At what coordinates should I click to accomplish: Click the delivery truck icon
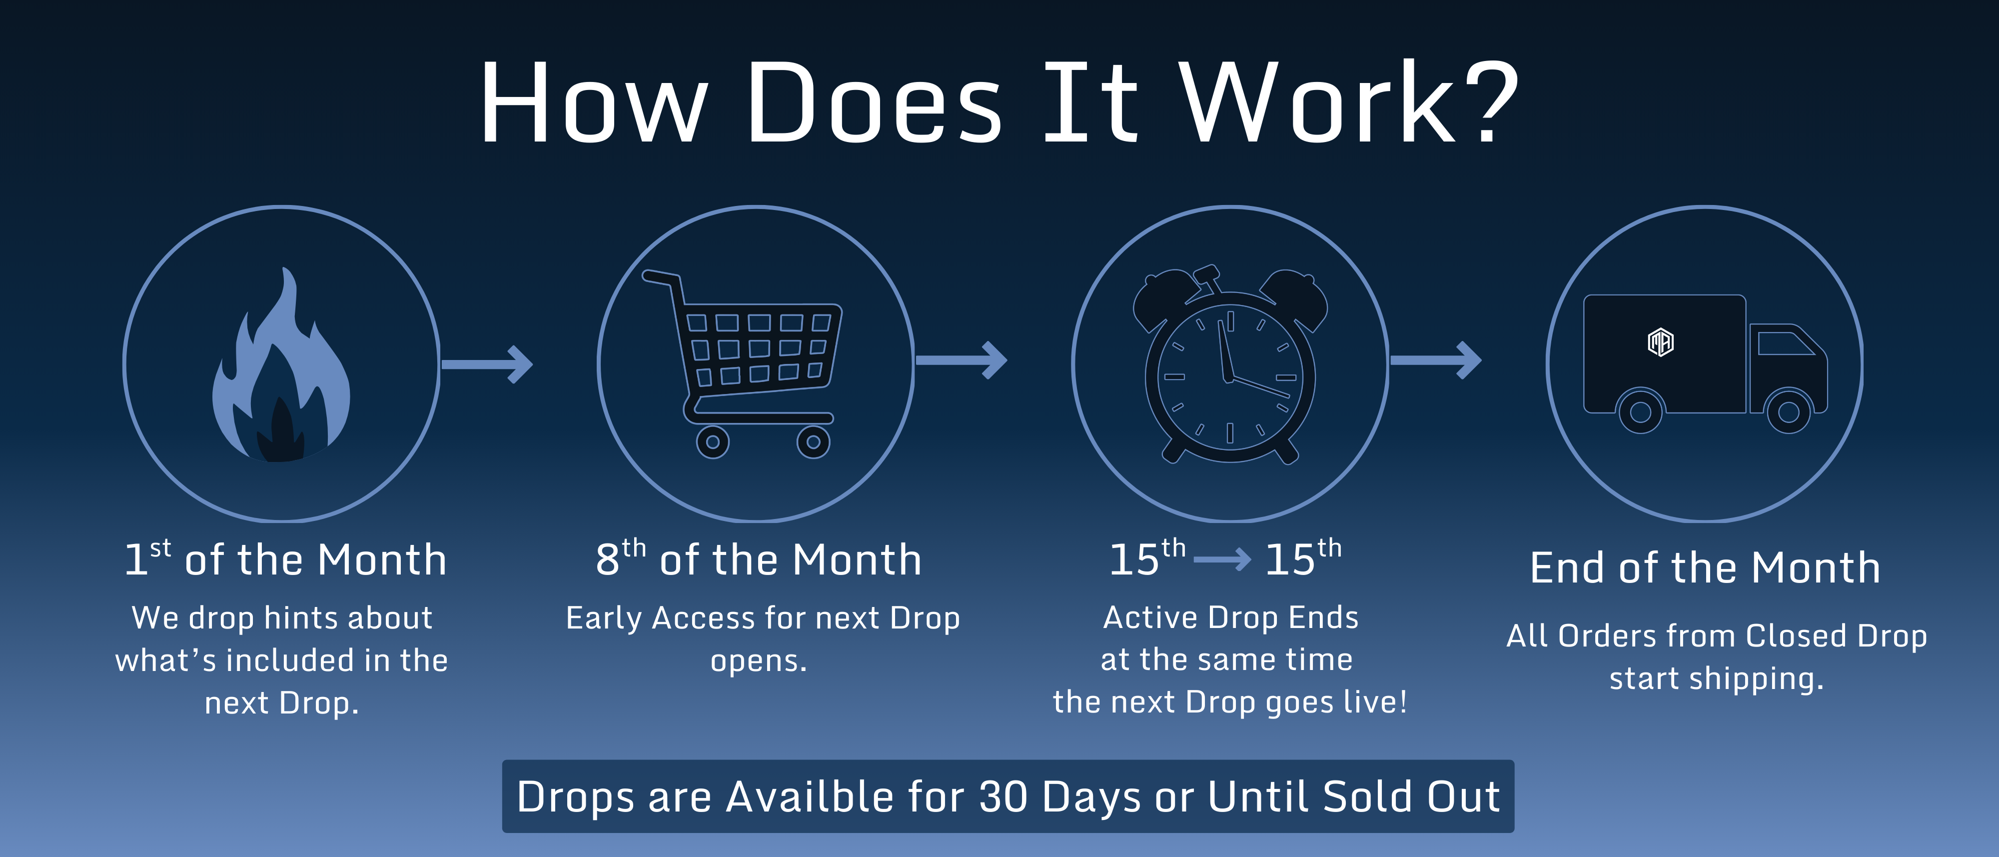[1705, 363]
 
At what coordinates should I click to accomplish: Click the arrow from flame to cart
[487, 364]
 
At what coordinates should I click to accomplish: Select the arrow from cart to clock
[962, 360]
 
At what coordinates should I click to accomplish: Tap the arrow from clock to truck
[1436, 360]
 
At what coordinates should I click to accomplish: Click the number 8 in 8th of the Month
[607, 559]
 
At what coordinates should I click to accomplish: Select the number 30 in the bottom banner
[1003, 796]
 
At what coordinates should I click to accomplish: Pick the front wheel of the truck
[1788, 411]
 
